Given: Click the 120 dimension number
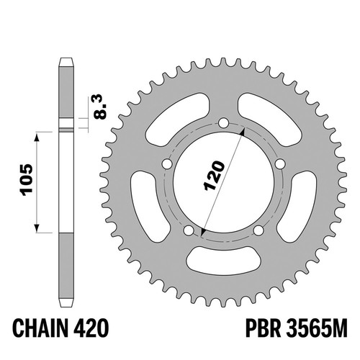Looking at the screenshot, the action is [214, 176].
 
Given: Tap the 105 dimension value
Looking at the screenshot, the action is [27, 180].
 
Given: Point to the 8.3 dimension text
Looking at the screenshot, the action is [100, 107].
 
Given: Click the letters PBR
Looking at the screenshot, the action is [263, 328].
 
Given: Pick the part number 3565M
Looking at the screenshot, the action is [316, 328].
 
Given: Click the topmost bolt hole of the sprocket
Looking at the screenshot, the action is [223, 123].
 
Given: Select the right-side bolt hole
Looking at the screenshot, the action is [280, 164].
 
